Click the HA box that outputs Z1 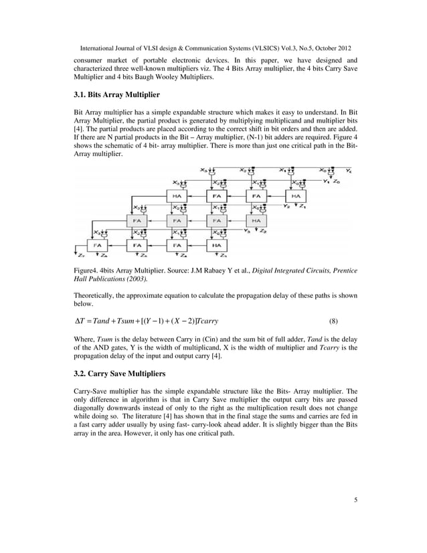(294, 195)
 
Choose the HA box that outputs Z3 (216, 244)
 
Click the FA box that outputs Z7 (98, 244)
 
